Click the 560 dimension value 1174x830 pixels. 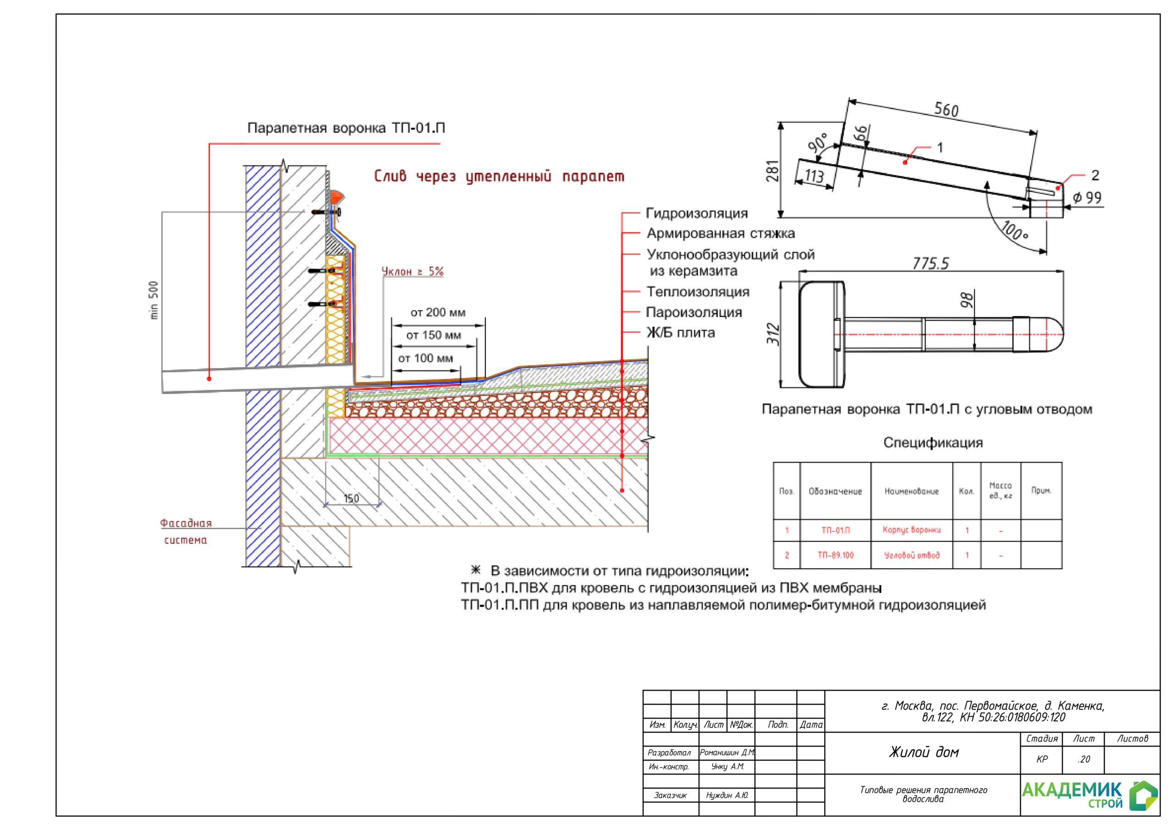point(946,110)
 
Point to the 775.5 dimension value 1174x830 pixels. point(930,263)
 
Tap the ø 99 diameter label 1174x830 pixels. point(1086,198)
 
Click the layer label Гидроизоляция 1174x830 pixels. point(697,213)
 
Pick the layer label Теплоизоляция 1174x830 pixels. point(698,292)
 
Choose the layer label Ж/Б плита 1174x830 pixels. point(680,333)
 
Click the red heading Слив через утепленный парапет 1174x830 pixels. point(499,177)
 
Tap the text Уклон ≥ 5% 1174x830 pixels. point(413,271)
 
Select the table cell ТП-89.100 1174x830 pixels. point(836,555)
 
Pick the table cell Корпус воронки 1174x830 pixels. point(911,530)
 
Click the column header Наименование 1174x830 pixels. point(911,492)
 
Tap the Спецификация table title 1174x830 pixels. point(933,443)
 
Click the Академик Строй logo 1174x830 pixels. point(1089,795)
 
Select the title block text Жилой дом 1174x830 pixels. point(924,752)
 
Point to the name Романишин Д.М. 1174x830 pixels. point(726,753)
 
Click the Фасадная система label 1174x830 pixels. point(186,531)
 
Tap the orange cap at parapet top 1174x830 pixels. point(336,196)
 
